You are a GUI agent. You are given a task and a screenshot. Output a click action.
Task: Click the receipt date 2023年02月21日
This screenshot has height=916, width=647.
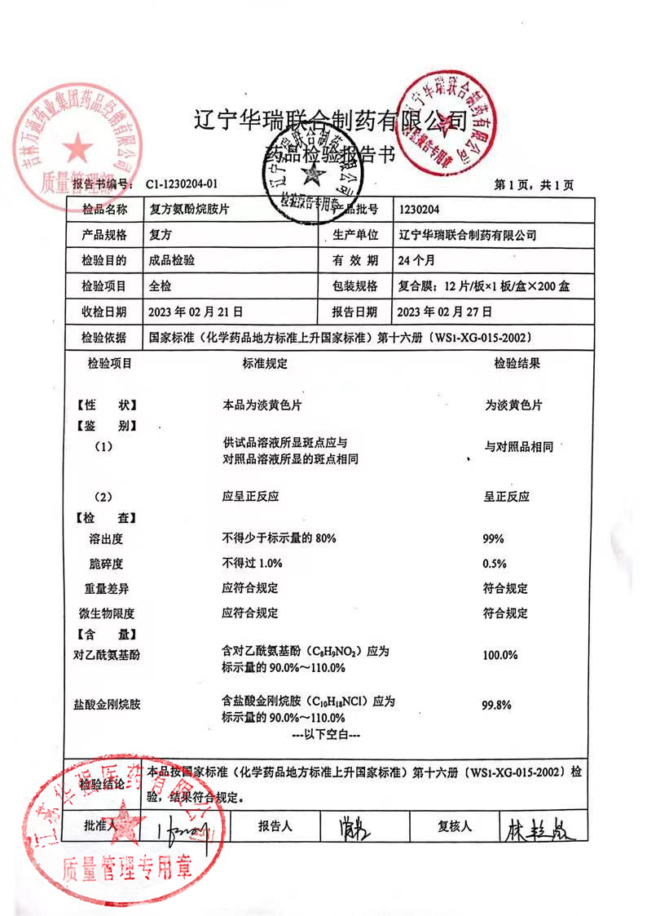pyautogui.click(x=196, y=311)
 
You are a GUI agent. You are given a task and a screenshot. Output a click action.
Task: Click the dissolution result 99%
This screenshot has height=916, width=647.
pyautogui.click(x=494, y=539)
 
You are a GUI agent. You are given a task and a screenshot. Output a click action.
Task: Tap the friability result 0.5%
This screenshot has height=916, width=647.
pyautogui.click(x=495, y=564)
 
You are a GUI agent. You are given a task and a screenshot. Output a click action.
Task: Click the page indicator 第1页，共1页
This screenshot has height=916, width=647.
pyautogui.click(x=535, y=186)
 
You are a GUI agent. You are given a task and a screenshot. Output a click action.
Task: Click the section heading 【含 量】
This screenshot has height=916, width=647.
pyautogui.click(x=106, y=633)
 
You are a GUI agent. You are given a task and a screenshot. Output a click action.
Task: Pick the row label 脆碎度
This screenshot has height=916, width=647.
pyautogui.click(x=105, y=564)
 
